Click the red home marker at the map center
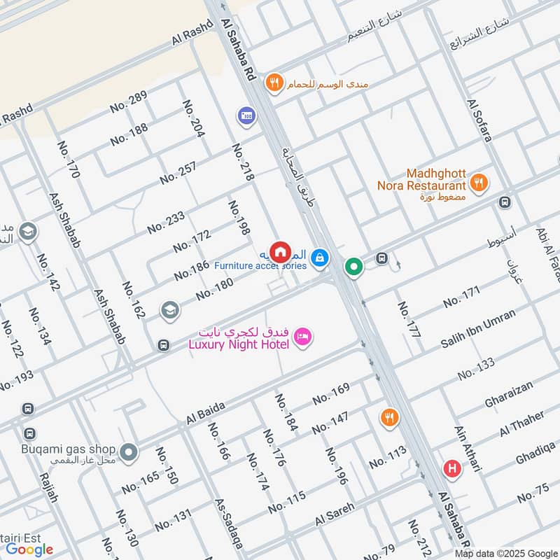coord(280,250)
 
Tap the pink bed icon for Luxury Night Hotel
coord(302,336)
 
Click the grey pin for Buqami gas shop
coord(127,453)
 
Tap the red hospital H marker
coord(452,468)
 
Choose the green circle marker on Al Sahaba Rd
coord(354,267)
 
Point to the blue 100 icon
coord(246,114)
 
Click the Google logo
coord(29,549)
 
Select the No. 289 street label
coord(128,103)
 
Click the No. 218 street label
coord(241,163)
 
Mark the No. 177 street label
coord(409,321)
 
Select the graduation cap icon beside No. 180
coord(169,309)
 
